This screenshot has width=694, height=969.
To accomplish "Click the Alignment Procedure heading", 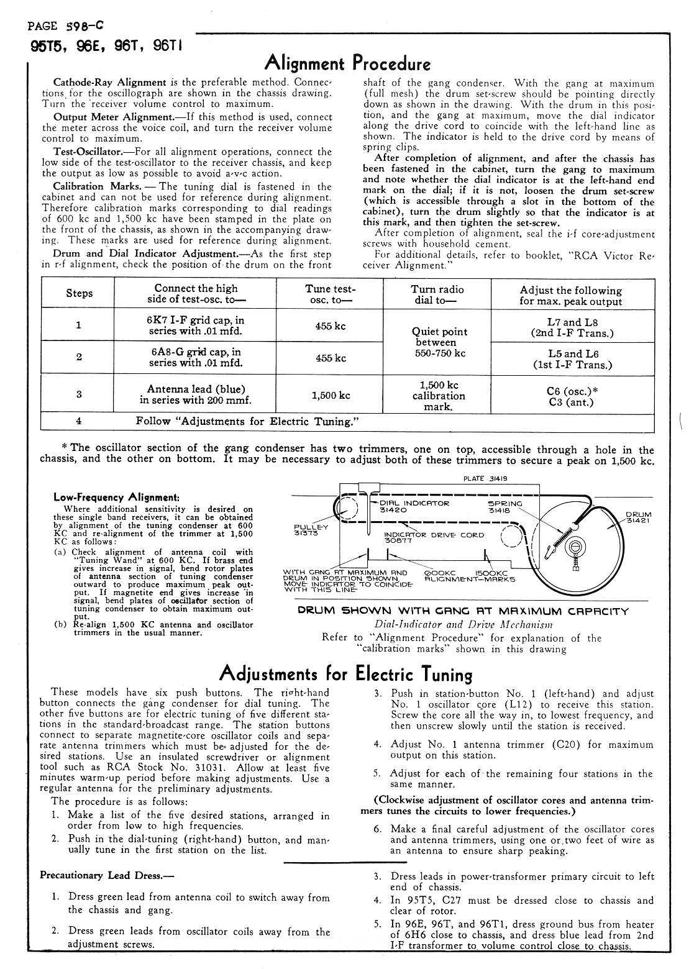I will point(347,63).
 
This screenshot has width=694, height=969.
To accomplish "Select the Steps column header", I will point(79,294).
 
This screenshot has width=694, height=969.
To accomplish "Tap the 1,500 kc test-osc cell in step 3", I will point(331,395).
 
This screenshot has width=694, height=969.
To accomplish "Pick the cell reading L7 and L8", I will point(572,327).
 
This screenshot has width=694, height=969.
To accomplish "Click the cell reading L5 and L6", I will point(572,358).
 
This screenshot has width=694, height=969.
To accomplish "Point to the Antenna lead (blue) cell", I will point(196,394).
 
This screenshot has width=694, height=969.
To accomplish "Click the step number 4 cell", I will point(79,421).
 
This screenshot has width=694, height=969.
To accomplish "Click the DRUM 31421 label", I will point(638,517).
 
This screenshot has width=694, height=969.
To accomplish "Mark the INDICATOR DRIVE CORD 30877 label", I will point(433,538).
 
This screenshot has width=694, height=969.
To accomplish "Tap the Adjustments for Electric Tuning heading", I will point(347,674).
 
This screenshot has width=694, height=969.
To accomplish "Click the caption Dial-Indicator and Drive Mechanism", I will point(463,624).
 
